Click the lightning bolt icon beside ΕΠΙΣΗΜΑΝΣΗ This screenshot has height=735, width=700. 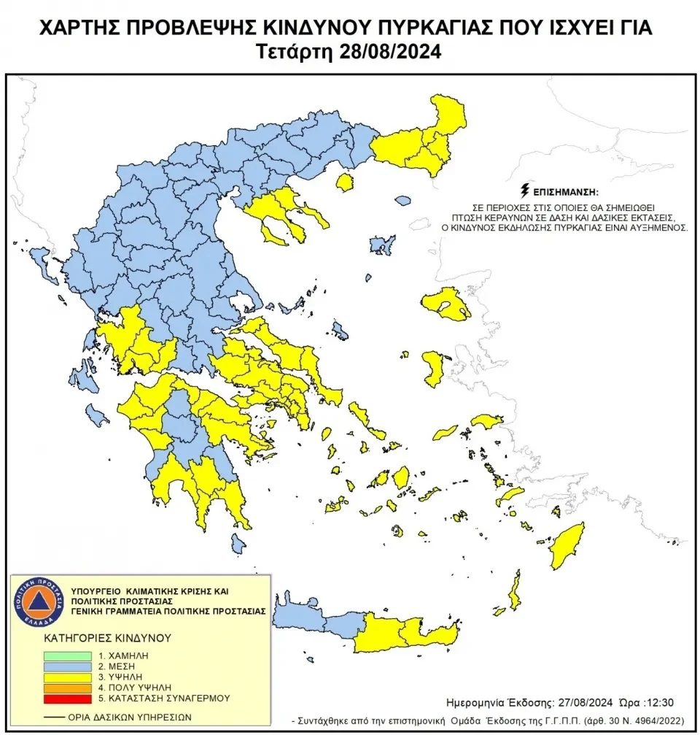tap(524, 192)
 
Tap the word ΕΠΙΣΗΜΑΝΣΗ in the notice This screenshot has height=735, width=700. tap(564, 193)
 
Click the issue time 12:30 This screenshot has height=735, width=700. tap(659, 703)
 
